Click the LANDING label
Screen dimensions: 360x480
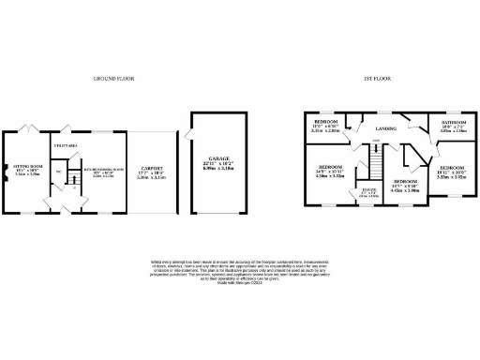coord(384,129)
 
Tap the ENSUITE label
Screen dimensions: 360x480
coord(368,191)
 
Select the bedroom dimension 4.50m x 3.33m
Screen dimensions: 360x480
coord(328,174)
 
